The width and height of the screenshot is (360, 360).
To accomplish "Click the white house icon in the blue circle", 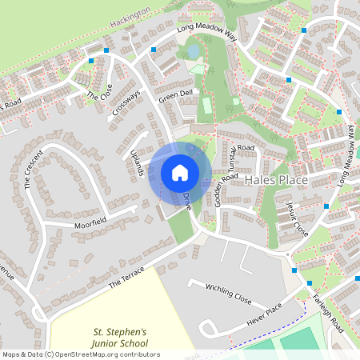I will (x=180, y=172).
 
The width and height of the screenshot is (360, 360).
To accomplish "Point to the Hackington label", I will (x=131, y=14).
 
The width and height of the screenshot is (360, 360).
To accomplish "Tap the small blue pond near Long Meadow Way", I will (x=193, y=52).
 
